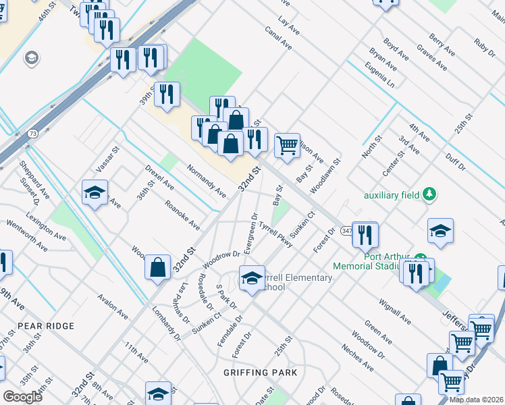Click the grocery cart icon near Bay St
[288, 144]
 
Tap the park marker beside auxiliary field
[428, 195]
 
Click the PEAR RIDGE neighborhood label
[46, 326]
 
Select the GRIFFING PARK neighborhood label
[260, 372]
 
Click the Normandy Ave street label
[207, 181]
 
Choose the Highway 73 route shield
[33, 134]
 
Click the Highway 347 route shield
[346, 230]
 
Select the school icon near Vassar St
[95, 192]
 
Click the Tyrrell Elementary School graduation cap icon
[251, 277]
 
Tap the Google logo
[23, 397]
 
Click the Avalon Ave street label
[112, 306]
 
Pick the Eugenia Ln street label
[379, 74]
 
